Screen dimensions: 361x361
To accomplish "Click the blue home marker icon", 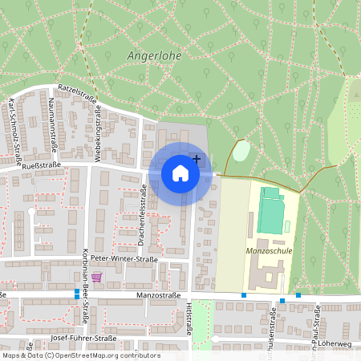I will tap(180, 172).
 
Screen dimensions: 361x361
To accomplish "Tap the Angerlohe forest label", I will tap(155, 57).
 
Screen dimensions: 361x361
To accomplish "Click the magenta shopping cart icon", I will tap(97, 278).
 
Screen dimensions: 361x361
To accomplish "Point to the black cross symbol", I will tap(197, 160).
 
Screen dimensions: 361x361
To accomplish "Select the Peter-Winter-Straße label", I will tap(124, 260).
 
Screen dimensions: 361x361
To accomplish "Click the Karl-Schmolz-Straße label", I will tap(14, 123).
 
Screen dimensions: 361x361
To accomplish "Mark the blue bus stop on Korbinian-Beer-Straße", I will tap(77, 292).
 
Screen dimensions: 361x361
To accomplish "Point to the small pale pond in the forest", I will tap(241, 150).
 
